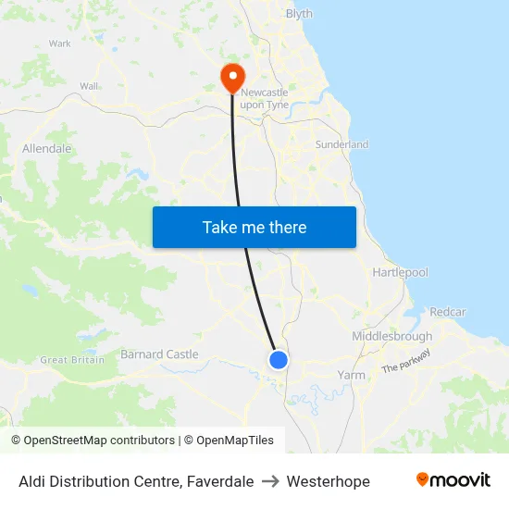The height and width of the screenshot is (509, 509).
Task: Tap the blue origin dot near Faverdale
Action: click(x=279, y=360)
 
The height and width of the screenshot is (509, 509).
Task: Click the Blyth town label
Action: click(x=299, y=14)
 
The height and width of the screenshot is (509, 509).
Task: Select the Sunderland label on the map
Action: click(x=341, y=144)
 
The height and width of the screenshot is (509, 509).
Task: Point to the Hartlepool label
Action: click(x=400, y=273)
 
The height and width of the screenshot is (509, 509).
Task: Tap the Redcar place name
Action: click(x=448, y=312)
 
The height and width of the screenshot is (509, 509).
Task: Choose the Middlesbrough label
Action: click(x=391, y=337)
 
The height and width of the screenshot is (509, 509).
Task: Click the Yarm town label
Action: click(x=352, y=376)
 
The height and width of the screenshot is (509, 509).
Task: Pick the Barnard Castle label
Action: click(x=159, y=354)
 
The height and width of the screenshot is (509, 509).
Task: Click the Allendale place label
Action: click(x=46, y=148)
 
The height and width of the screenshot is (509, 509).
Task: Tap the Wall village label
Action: click(x=89, y=86)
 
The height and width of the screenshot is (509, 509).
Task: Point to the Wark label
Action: click(x=60, y=43)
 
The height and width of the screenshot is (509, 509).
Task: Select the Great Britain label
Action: click(x=72, y=360)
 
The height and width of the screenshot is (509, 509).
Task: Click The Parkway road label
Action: click(x=406, y=361)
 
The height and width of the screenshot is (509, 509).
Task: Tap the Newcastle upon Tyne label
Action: click(x=265, y=99)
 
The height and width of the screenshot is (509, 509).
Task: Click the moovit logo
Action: click(x=453, y=480)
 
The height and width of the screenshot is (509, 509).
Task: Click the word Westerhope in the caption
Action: click(x=328, y=481)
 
